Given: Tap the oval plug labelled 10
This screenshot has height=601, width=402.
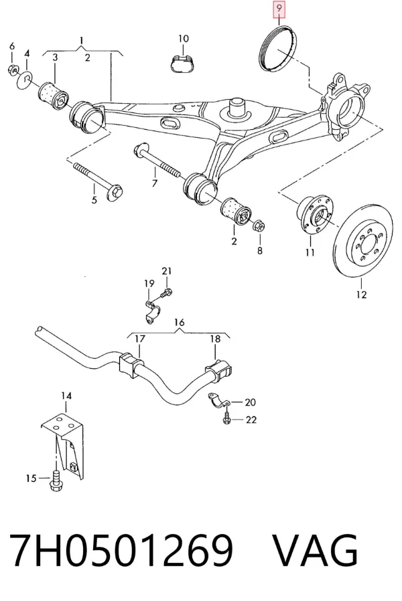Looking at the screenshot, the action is click(x=183, y=63).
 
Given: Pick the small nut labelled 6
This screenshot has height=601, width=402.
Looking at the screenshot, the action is click(x=13, y=70).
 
